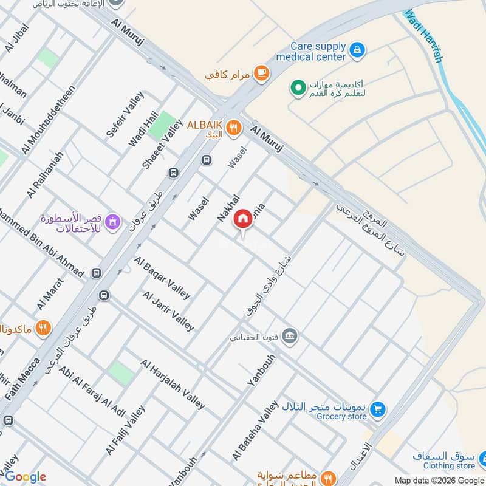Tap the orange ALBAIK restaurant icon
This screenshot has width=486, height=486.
233,128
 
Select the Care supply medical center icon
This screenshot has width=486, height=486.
358,48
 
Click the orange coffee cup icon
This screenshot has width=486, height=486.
261,73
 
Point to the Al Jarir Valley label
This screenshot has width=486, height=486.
168,310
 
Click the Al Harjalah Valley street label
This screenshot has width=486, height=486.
173,384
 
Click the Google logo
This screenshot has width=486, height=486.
25,477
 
